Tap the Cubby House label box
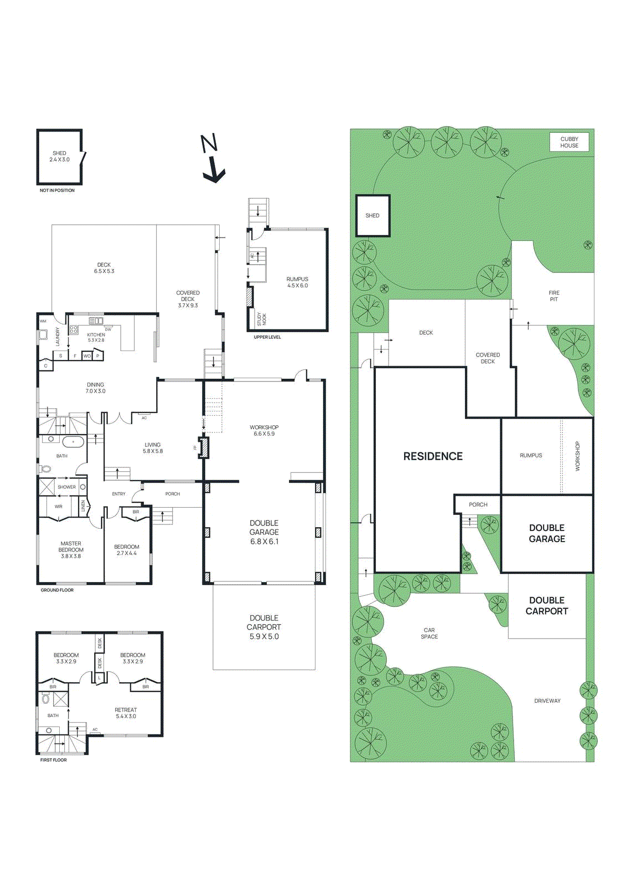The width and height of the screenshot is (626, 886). click(x=568, y=142)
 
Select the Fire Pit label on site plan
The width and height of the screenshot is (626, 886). click(x=553, y=296)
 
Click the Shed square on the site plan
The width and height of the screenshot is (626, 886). click(x=373, y=215)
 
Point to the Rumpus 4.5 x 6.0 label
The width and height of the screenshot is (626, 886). click(x=297, y=282)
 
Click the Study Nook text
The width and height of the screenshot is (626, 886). click(x=262, y=319)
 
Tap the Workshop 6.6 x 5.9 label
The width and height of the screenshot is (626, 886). click(x=264, y=430)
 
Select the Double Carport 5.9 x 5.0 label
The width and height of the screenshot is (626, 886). click(x=264, y=627)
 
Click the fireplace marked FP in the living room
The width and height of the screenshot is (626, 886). click(x=204, y=447)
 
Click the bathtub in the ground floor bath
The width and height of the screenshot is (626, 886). click(x=73, y=442)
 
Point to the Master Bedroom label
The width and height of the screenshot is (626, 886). click(x=71, y=549)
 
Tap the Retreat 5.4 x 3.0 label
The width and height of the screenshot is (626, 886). click(x=126, y=713)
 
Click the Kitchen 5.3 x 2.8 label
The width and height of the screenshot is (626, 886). click(x=96, y=337)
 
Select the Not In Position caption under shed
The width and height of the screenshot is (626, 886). click(x=57, y=190)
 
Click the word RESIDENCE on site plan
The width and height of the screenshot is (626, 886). click(x=432, y=456)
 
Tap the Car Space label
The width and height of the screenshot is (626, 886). click(x=429, y=633)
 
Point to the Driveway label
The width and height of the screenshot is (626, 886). click(x=547, y=700)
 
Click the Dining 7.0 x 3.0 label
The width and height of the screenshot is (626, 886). click(x=95, y=388)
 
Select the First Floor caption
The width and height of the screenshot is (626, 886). click(x=53, y=760)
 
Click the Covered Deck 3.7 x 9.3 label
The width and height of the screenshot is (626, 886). click(x=188, y=299)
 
